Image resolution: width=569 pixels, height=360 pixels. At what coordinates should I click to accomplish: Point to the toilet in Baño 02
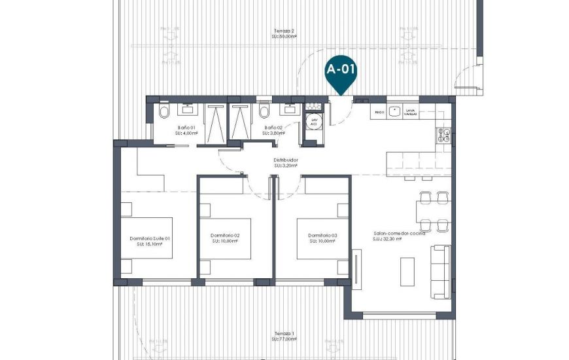point(264,112)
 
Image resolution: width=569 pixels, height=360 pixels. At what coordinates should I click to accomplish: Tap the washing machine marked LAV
point(314,123)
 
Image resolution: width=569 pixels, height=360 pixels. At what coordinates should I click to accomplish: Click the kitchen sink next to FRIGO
point(395,111)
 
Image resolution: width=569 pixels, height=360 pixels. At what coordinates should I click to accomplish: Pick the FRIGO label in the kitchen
point(379,113)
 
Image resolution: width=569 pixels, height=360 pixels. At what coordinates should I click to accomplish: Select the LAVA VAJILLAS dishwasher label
point(410,113)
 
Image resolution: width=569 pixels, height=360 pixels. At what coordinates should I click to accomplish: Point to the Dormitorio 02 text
point(225,235)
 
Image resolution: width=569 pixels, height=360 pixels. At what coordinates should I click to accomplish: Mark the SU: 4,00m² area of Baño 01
point(186,133)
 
